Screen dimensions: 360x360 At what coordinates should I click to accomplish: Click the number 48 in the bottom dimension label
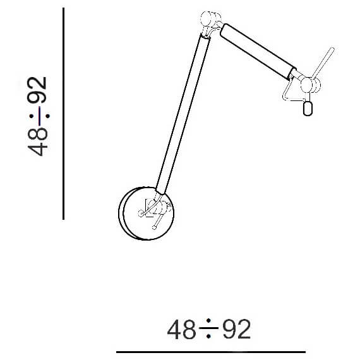[x=181, y=329]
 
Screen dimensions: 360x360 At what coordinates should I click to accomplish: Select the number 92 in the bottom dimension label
[x=237, y=329]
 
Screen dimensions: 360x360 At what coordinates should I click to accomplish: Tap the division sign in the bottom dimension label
[x=208, y=328]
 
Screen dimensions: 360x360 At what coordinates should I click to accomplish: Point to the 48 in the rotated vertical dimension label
[x=37, y=142]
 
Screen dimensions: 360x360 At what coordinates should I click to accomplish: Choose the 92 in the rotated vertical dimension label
[x=37, y=90]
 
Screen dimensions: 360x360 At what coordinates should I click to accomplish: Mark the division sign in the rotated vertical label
[x=39, y=116]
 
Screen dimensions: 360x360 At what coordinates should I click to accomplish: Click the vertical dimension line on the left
[x=63, y=114]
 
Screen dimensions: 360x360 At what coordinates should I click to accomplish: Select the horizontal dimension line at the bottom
[x=211, y=352]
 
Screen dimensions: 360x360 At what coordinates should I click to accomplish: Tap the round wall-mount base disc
[x=147, y=213]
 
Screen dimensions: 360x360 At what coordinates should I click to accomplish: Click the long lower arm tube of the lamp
[x=183, y=114]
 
